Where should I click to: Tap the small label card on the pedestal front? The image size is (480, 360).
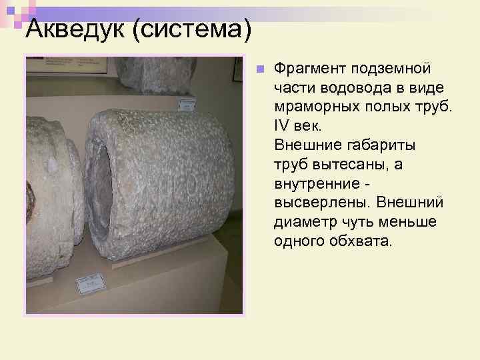(x=90, y=283)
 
